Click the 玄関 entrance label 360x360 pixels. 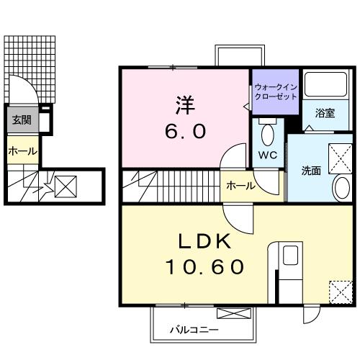[22, 120]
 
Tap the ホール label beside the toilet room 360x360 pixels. [240, 186]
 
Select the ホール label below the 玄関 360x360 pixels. [22, 151]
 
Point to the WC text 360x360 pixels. [268, 155]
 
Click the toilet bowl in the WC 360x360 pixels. [268, 132]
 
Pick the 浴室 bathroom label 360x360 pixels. [325, 113]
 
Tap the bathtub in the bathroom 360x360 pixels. [325, 84]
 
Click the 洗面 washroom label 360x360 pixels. [311, 171]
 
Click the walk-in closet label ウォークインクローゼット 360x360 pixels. [276, 92]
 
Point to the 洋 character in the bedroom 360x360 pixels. [185, 105]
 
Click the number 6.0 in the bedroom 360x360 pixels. [185, 132]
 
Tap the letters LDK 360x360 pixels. [204, 241]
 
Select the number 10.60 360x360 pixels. [204, 267]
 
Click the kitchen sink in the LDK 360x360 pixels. [290, 255]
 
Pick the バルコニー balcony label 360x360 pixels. [194, 330]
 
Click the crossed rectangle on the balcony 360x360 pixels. [234, 313]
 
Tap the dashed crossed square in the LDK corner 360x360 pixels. [341, 292]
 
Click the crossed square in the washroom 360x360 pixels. [340, 158]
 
